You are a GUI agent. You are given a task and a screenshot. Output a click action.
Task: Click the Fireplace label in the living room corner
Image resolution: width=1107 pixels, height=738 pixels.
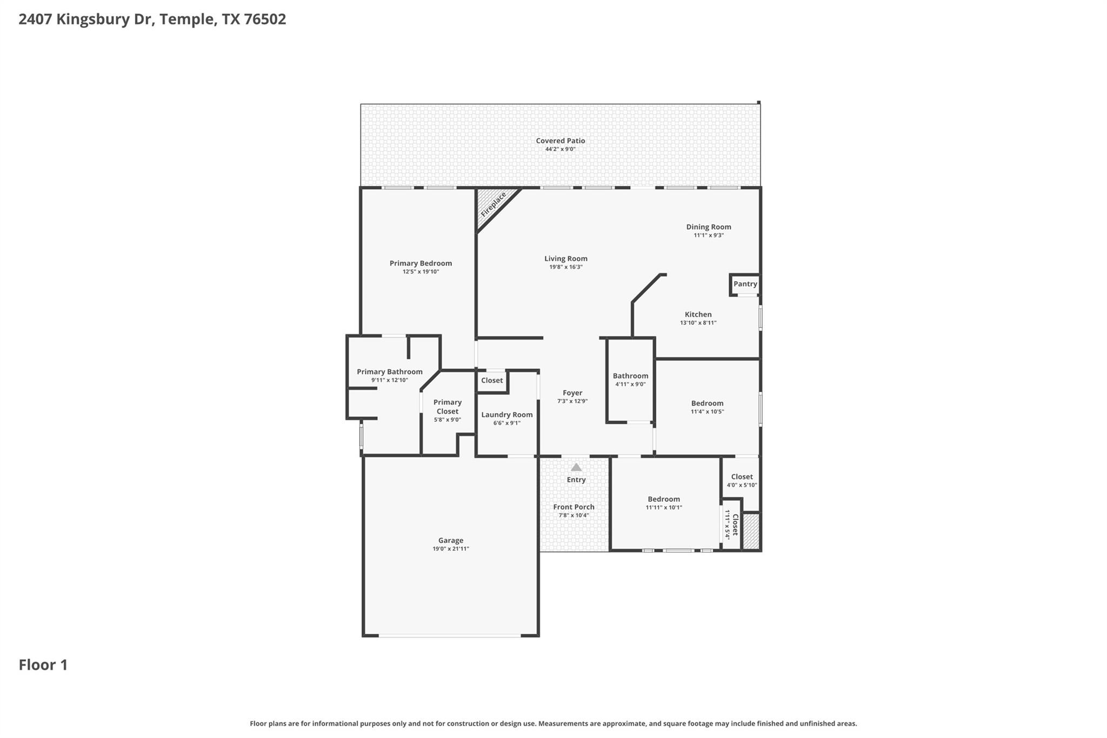pyautogui.click(x=493, y=204)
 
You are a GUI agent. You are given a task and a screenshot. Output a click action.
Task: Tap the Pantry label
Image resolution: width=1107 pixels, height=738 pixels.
pyautogui.click(x=745, y=284)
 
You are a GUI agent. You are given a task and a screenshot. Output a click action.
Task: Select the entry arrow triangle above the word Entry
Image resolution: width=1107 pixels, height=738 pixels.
pyautogui.click(x=576, y=467)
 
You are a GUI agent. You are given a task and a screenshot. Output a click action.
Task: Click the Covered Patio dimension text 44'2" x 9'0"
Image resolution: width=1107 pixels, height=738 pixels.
pyautogui.click(x=560, y=149)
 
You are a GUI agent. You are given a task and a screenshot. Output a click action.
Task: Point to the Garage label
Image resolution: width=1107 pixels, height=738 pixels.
pyautogui.click(x=450, y=540)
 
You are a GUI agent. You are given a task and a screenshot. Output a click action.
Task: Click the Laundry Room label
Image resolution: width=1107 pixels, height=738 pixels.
pyautogui.click(x=506, y=415)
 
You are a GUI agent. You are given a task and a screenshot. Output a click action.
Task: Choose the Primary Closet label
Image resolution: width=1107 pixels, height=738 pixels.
pyautogui.click(x=447, y=407)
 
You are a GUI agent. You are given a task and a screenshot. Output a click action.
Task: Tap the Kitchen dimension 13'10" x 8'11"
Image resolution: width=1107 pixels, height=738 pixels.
pyautogui.click(x=698, y=323)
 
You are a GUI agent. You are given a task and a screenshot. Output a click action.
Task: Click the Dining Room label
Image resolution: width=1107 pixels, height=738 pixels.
pyautogui.click(x=708, y=227)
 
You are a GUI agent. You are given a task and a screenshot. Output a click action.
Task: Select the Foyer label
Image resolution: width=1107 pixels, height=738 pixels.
pyautogui.click(x=572, y=393)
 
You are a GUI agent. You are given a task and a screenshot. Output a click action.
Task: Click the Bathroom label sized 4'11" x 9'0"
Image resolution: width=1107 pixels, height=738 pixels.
pyautogui.click(x=630, y=376)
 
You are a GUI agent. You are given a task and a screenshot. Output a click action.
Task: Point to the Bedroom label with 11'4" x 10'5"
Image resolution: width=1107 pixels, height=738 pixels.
pyautogui.click(x=707, y=403)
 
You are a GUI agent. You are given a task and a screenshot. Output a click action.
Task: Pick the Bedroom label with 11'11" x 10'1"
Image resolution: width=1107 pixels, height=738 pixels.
pyautogui.click(x=664, y=499)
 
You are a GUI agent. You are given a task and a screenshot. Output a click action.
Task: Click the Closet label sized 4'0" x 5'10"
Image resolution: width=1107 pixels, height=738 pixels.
pyautogui.click(x=742, y=477)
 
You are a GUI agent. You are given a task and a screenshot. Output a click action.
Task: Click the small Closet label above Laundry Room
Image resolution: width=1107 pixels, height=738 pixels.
pyautogui.click(x=492, y=381)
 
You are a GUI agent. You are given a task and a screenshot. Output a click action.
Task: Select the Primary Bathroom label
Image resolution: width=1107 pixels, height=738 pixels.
pyautogui.click(x=389, y=372)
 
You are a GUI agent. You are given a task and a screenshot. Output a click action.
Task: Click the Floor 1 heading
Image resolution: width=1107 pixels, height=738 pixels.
pyautogui.click(x=43, y=665)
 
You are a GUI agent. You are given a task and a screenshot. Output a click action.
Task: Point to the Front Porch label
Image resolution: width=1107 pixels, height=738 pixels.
pyautogui.click(x=573, y=507)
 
